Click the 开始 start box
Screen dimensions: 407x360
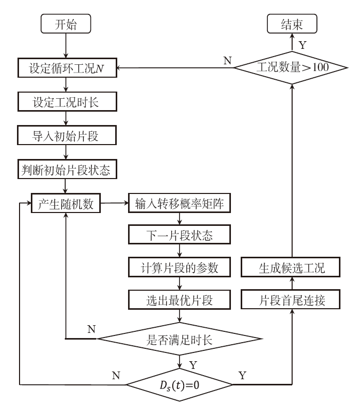coord(67,24)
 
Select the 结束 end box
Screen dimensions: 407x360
coord(292,24)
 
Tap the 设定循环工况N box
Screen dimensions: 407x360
coord(67,68)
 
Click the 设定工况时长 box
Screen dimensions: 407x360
coord(67,101)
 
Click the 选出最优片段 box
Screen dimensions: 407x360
coord(178,300)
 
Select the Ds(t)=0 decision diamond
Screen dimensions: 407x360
coord(179,384)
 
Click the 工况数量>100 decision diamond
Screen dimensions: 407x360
coord(292,67)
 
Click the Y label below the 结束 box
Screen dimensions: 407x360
coord(302,45)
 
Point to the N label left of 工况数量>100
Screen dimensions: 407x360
coord(227,61)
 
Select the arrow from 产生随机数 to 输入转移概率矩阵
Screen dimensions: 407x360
coord(114,203)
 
